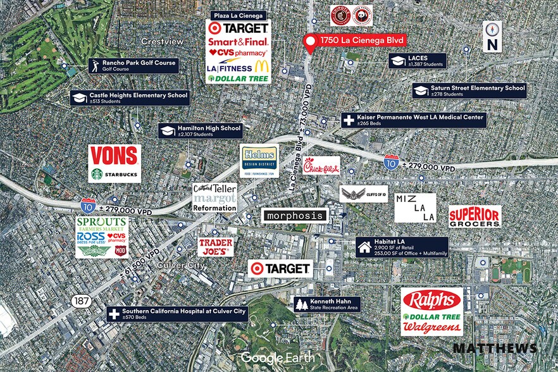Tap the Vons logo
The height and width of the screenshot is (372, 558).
pos(115,156)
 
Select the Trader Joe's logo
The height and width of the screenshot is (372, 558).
pos(215,246)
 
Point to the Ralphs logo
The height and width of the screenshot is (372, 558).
pos(431,300)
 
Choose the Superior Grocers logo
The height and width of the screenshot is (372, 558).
pos(474,216)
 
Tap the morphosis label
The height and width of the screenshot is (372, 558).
pos(295,216)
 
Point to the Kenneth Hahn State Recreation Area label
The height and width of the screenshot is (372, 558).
pos(327,304)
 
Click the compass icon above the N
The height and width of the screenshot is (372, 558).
pos(492,30)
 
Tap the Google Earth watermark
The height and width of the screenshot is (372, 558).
pos(273,359)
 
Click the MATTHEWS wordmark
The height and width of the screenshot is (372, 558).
pos(495,348)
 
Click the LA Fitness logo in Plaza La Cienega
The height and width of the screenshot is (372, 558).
pos(228,67)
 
